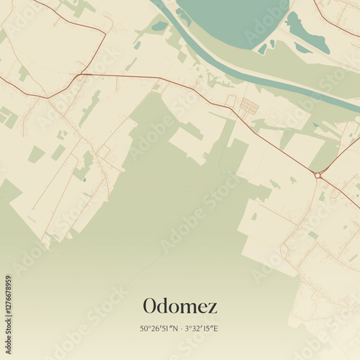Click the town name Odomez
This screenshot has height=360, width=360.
pyautogui.click(x=180, y=306)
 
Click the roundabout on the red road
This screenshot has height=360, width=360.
pyautogui.click(x=318, y=175)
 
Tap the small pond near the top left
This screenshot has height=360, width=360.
pyautogui.click(x=159, y=27)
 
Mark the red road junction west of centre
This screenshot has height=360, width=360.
pyautogui.click(x=79, y=74)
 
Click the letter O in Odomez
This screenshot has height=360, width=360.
pyautogui.click(x=150, y=306)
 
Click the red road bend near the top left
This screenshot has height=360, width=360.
pyautogui.click(x=105, y=32)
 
